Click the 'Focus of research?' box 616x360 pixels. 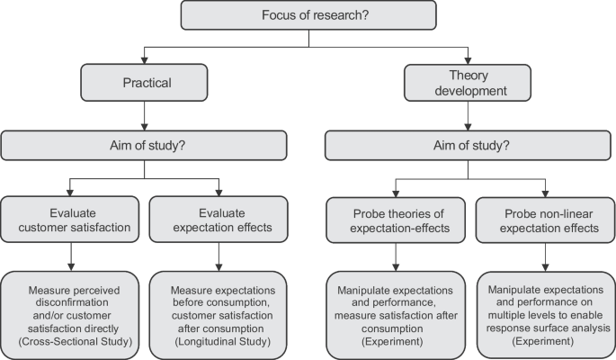pyautogui.click(x=308, y=15)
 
